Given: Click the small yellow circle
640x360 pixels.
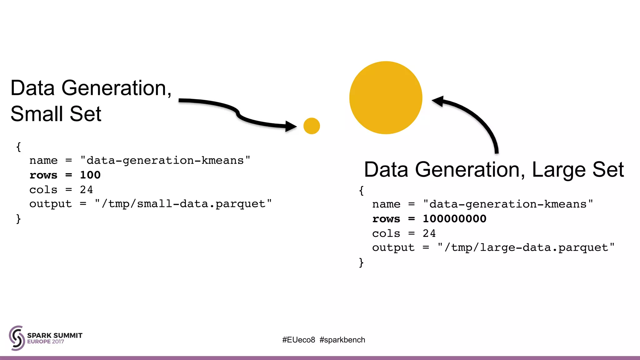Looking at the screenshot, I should pyautogui.click(x=312, y=126).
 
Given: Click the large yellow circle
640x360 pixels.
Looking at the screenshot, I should pyautogui.click(x=386, y=98).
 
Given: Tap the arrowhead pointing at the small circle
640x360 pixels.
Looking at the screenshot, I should pyautogui.click(x=291, y=126).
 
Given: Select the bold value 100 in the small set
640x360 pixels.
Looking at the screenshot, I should pyautogui.click(x=90, y=175).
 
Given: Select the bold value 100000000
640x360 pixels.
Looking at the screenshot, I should pyautogui.click(x=454, y=219).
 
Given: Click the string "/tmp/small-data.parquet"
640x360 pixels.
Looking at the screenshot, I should pyautogui.click(x=183, y=204).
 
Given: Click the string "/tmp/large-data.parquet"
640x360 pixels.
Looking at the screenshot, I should pyautogui.click(x=526, y=247).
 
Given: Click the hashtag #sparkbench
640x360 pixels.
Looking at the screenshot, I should pyautogui.click(x=342, y=340).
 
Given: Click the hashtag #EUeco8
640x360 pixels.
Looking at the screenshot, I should pyautogui.click(x=299, y=340).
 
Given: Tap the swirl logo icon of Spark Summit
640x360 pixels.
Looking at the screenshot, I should pyautogui.click(x=17, y=338).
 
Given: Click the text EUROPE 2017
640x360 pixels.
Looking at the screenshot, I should pyautogui.click(x=46, y=342).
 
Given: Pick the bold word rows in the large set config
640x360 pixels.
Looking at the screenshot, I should pyautogui.click(x=386, y=219).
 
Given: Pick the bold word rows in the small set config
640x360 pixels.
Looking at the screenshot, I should pyautogui.click(x=43, y=175).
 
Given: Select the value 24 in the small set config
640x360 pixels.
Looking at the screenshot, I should pyautogui.click(x=86, y=190).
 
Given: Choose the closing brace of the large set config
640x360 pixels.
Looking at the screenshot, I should pyautogui.click(x=361, y=262).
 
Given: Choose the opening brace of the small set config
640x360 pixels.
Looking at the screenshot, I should pyautogui.click(x=18, y=147).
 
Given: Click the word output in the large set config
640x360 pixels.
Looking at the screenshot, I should pyautogui.click(x=393, y=247).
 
